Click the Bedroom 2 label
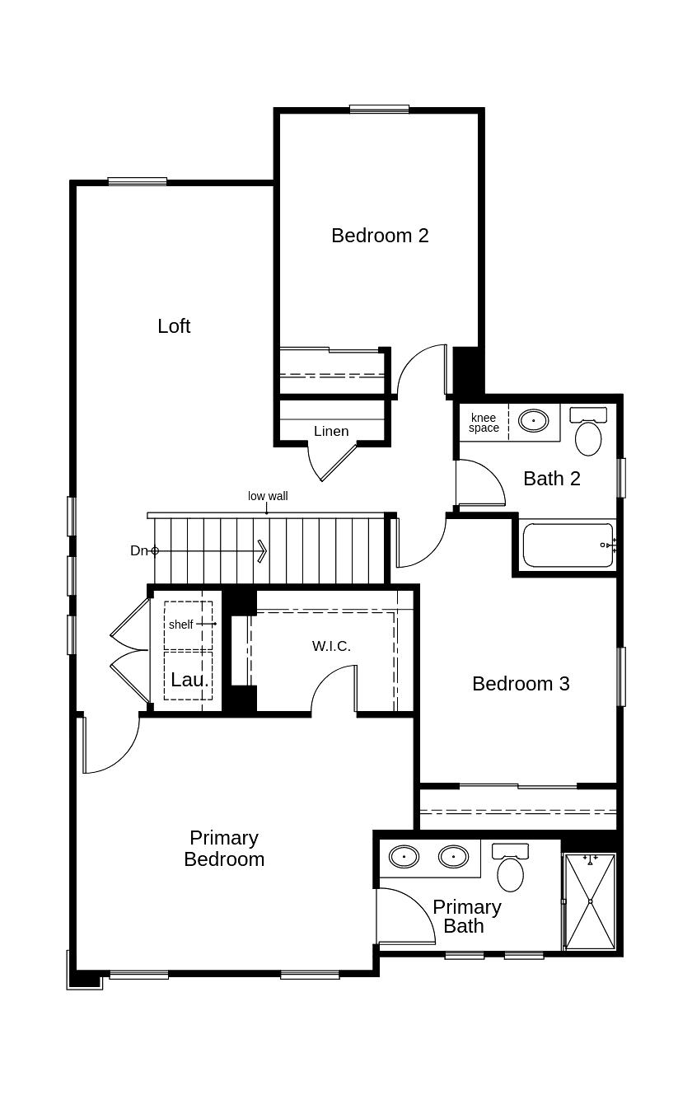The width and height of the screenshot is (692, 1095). [380, 236]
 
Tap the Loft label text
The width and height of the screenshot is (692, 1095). [174, 326]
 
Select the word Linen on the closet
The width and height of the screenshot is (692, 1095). [331, 431]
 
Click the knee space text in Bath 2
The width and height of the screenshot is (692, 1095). [484, 423]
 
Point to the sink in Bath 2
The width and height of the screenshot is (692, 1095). [533, 420]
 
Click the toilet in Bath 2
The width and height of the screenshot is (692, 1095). [588, 434]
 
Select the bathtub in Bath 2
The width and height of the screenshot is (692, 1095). [568, 545]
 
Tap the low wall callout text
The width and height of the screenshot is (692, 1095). [268, 496]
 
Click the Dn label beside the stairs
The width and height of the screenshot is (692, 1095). [138, 550]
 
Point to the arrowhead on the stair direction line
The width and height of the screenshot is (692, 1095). [262, 550]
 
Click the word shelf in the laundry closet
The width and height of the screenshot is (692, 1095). [180, 625]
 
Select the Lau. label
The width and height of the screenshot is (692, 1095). [189, 681]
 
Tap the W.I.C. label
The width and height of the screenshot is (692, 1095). [331, 646]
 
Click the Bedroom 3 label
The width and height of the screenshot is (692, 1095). [521, 684]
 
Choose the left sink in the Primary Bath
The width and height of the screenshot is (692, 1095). [404, 857]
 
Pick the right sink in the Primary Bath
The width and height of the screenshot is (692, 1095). [453, 857]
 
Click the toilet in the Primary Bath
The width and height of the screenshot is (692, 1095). [511, 871]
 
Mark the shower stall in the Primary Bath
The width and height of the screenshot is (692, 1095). [590, 901]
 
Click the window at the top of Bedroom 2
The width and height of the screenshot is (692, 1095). [379, 109]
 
